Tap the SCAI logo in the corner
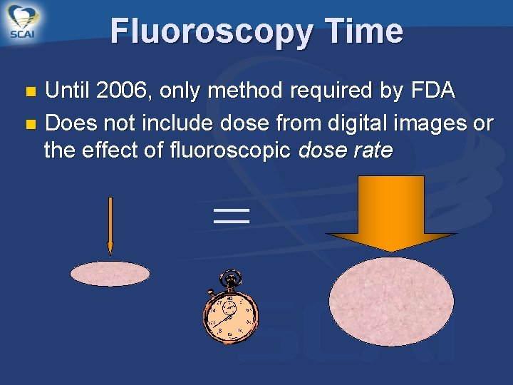coord(24,23)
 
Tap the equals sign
coord(232,216)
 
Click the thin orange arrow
coord(110,225)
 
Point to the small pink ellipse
coord(110,274)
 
